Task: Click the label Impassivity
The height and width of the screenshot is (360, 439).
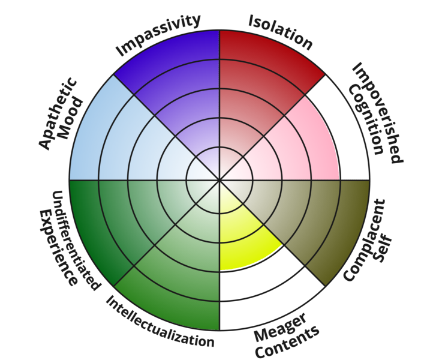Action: [158, 36]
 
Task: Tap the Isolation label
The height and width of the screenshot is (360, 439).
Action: [281, 31]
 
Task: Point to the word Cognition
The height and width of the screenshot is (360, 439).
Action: [362, 120]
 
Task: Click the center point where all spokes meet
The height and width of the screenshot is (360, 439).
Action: [220, 179]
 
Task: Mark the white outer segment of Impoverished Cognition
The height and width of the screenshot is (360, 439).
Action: [348, 138]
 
